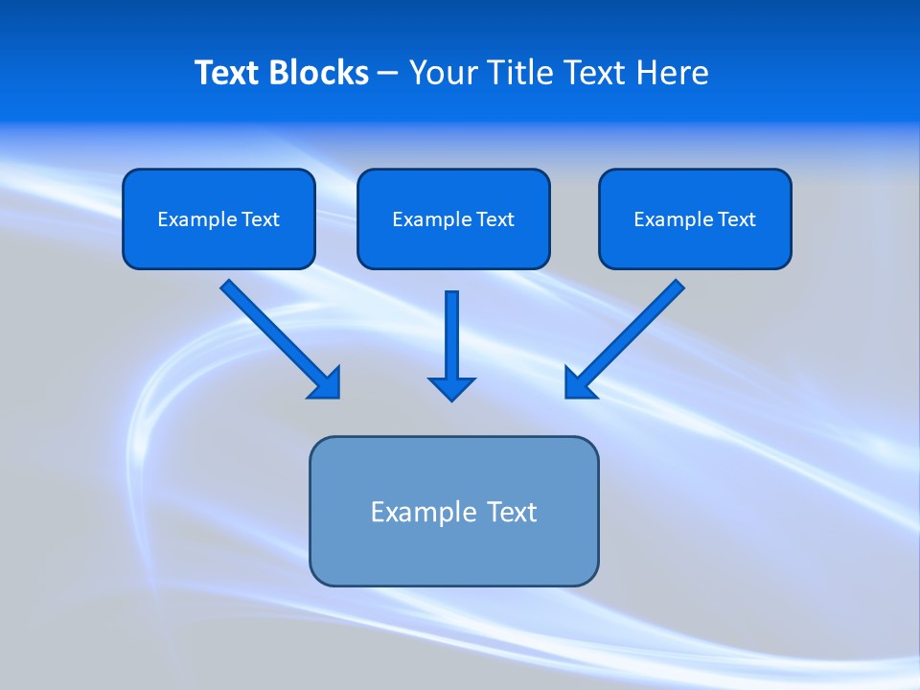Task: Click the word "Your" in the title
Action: click(442, 73)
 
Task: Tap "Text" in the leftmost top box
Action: click(261, 219)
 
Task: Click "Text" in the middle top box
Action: click(495, 219)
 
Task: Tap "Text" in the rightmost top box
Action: click(737, 219)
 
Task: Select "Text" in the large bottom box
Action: click(513, 512)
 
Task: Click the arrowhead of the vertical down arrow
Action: click(451, 388)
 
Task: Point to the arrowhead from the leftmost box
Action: click(327, 384)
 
